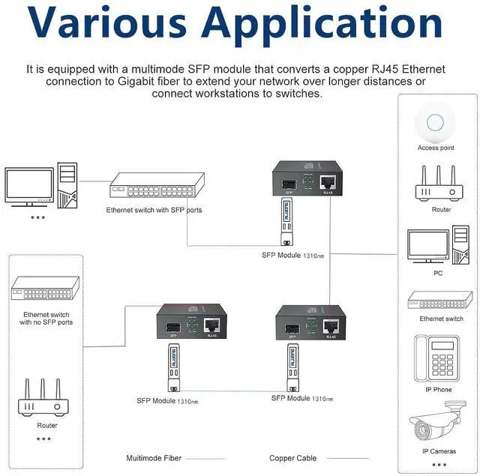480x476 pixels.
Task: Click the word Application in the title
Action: point(325,24)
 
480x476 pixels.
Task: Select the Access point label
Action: point(436,148)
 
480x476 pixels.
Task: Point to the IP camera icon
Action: point(436,423)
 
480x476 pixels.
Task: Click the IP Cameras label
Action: point(438,451)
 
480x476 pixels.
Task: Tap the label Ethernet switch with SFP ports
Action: point(154,210)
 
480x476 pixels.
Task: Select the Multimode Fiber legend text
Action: point(154,457)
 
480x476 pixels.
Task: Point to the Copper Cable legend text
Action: point(292,457)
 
